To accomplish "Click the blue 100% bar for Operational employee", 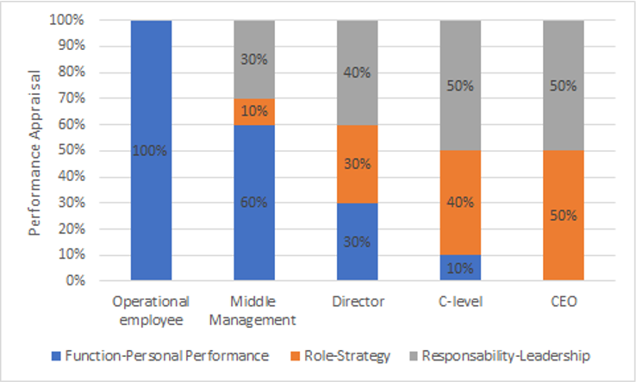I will click(x=151, y=151).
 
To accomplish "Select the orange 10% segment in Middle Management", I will click(x=254, y=111).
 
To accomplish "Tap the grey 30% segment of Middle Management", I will click(x=254, y=59).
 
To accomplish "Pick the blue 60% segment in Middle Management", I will click(x=254, y=203).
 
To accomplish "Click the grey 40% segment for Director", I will click(x=357, y=72).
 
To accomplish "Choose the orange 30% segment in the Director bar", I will click(x=357, y=164).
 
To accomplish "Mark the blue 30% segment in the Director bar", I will click(x=357, y=241).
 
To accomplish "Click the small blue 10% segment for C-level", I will click(x=460, y=267).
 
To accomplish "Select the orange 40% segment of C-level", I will click(x=460, y=203).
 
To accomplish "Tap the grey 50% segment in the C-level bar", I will click(x=460, y=85).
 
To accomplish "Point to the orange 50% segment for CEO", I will click(x=563, y=216).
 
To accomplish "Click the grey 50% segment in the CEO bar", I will click(x=563, y=85).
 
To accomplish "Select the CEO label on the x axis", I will click(x=563, y=303).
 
